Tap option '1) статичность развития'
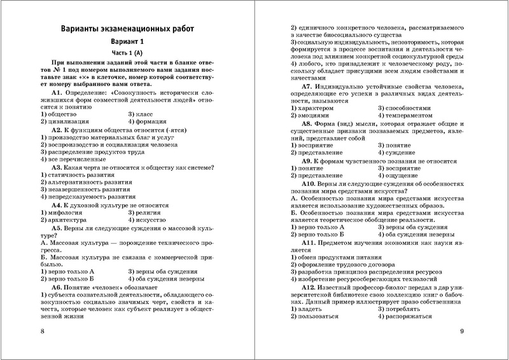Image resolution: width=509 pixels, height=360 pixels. point(80,174)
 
